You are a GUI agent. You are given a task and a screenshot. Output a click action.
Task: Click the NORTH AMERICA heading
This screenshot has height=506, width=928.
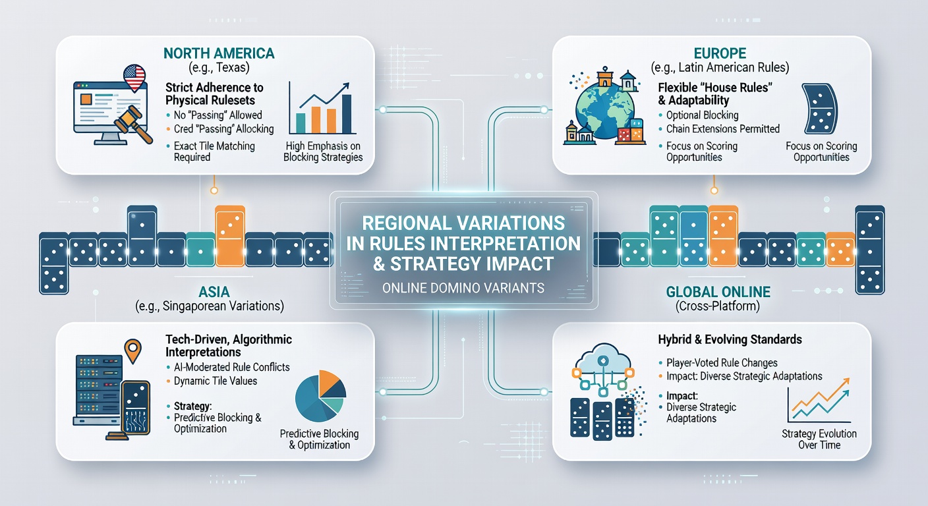(219, 53)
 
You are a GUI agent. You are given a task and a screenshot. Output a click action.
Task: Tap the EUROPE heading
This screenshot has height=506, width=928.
(720, 53)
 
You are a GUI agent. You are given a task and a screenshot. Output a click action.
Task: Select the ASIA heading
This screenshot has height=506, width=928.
(214, 292)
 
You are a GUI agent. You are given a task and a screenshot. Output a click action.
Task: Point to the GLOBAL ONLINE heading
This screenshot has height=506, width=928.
(718, 292)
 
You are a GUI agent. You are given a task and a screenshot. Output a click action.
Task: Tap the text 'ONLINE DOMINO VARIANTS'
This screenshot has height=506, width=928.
(463, 288)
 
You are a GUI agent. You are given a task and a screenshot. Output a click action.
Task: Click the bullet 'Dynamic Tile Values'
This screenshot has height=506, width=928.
(216, 381)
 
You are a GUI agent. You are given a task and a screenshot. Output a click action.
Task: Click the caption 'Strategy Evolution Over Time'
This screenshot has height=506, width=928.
(819, 439)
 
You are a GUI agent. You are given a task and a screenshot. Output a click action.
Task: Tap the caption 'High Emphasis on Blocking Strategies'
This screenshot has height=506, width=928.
(323, 152)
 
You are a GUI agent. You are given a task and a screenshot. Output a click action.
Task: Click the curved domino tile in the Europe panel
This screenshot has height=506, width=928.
(819, 109)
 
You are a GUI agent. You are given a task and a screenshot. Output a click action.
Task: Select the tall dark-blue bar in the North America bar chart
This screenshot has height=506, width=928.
(347, 114)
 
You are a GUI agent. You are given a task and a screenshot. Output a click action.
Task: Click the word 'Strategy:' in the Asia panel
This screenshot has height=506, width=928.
(192, 406)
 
